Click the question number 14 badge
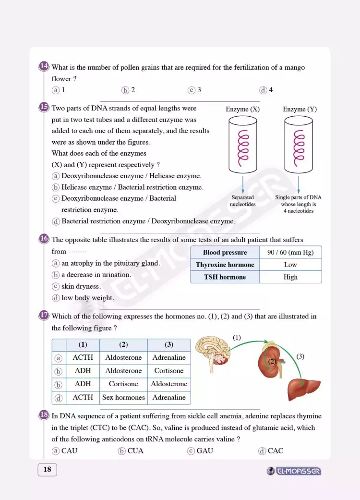pyautogui.click(x=44, y=66)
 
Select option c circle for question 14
pyautogui.click(x=191, y=90)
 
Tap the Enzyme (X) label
pyautogui.click(x=242, y=109)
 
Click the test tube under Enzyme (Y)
pyautogui.click(x=299, y=145)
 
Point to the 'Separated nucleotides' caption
pyautogui.click(x=243, y=201)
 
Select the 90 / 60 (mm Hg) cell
pyautogui.click(x=290, y=252)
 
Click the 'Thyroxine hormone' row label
pyautogui.click(x=225, y=265)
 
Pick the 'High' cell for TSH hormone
pyautogui.click(x=290, y=277)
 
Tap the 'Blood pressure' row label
pyautogui.click(x=225, y=252)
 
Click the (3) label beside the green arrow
pyautogui.click(x=300, y=356)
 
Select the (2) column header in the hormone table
pyautogui.click(x=123, y=344)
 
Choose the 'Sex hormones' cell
pyautogui.click(x=123, y=397)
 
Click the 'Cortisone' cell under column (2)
pyautogui.click(x=123, y=384)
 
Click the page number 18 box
pyautogui.click(x=47, y=469)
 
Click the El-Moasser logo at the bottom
pyautogui.click(x=294, y=471)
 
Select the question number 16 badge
pyautogui.click(x=44, y=239)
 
